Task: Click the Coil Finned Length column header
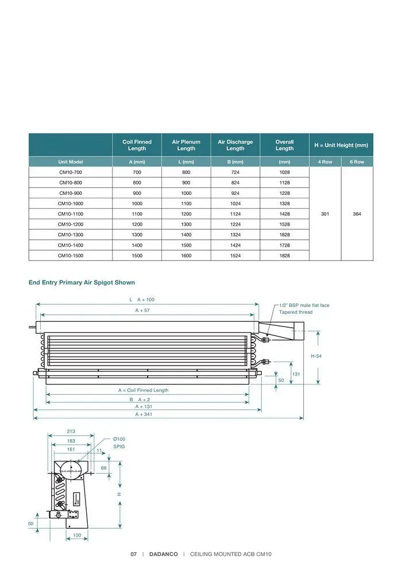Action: [x=137, y=145]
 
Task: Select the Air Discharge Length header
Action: [x=235, y=145]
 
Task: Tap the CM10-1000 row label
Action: [x=71, y=203]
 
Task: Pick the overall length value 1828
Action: [x=284, y=255]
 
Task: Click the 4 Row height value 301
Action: [x=325, y=214]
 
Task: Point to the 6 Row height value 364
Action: [x=357, y=214]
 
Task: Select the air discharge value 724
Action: [x=235, y=172]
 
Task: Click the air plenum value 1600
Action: [x=186, y=255]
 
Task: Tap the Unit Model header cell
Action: [x=71, y=162]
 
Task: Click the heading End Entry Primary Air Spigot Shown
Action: [x=82, y=283]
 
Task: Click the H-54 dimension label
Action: [x=316, y=356]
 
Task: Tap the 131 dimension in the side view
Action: [x=296, y=374]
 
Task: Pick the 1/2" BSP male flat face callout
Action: [x=304, y=305]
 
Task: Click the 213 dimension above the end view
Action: [x=71, y=432]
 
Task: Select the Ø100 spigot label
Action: [x=119, y=439]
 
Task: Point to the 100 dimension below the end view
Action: [x=77, y=535]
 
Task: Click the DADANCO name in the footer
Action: [x=163, y=554]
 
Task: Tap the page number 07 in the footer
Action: [x=133, y=554]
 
